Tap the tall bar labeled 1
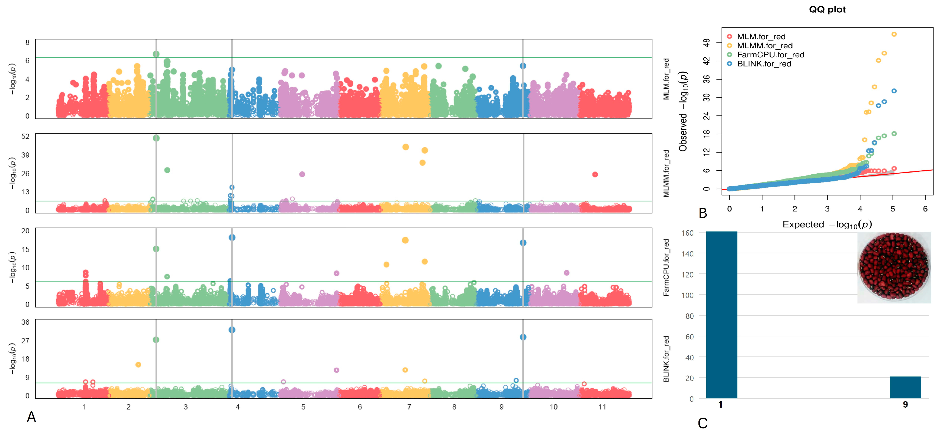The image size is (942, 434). (721, 315)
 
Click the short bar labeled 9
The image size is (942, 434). (905, 387)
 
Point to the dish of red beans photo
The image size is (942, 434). (894, 267)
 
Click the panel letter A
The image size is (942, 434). (32, 417)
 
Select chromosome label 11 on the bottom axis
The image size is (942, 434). (602, 407)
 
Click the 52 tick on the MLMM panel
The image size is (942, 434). (25, 137)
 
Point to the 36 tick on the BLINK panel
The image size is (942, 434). (25, 322)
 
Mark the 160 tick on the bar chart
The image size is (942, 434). (687, 233)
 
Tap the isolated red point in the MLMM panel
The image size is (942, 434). (595, 175)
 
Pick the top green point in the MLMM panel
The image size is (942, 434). (156, 138)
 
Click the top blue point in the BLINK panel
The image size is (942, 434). (232, 330)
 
